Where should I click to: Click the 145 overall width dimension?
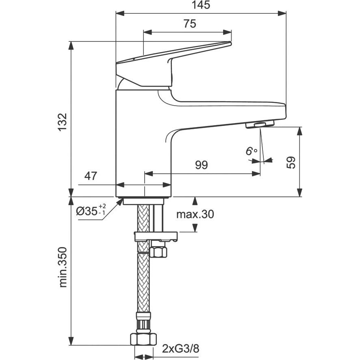click(x=201, y=5)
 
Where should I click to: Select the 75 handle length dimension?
click(x=190, y=24)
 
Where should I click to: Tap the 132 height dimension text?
click(x=63, y=122)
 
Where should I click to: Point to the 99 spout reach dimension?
click(x=202, y=165)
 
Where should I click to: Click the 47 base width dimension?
click(x=91, y=176)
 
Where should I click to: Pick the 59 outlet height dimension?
click(x=291, y=163)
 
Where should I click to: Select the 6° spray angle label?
click(x=252, y=151)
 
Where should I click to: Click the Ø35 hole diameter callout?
click(x=91, y=210)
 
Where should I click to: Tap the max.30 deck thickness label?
click(x=195, y=214)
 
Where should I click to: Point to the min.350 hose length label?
click(x=63, y=267)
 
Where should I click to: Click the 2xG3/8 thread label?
click(x=181, y=349)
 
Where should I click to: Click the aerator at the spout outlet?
click(x=260, y=125)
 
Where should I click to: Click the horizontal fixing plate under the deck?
click(x=156, y=236)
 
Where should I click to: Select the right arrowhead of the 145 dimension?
click(x=282, y=13)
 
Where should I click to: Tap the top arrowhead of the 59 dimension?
click(x=299, y=131)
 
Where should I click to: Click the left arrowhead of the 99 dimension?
click(x=149, y=173)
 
